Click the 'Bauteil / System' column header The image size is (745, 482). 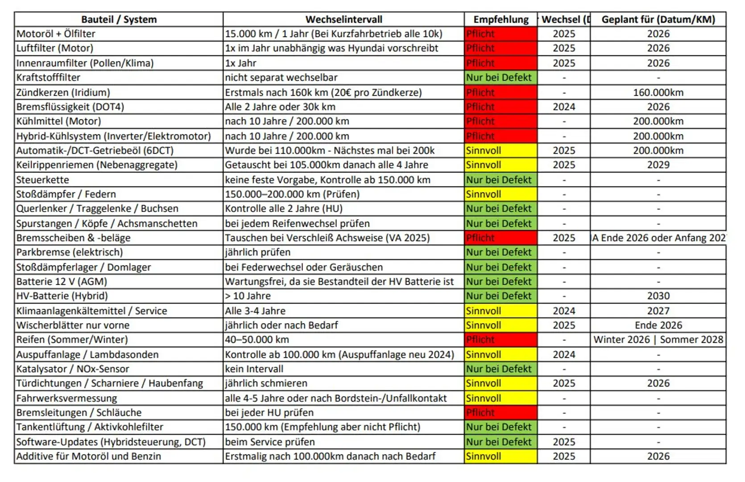click(119, 20)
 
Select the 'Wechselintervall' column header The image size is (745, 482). click(344, 20)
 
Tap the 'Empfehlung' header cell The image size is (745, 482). click(501, 20)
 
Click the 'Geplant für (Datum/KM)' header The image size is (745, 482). click(658, 20)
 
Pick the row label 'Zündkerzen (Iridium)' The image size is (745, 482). click(63, 92)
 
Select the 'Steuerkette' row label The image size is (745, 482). click(43, 180)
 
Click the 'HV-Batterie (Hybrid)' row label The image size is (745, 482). click(62, 296)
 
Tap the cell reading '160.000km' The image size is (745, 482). click(658, 92)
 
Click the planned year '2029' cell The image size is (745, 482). click(658, 165)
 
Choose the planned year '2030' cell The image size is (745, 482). click(658, 296)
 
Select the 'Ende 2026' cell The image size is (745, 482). click(658, 325)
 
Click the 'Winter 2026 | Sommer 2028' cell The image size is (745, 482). click(658, 340)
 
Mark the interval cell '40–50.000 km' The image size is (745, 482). click(257, 340)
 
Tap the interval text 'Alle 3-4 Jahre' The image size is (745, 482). click(255, 311)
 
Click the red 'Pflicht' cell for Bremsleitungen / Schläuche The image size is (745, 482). click(501, 412)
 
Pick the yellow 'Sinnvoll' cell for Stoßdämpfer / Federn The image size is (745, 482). click(501, 194)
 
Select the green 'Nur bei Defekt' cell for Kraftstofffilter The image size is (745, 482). click(501, 78)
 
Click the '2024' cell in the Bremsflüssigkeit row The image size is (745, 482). click(564, 107)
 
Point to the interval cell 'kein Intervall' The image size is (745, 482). click(254, 369)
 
